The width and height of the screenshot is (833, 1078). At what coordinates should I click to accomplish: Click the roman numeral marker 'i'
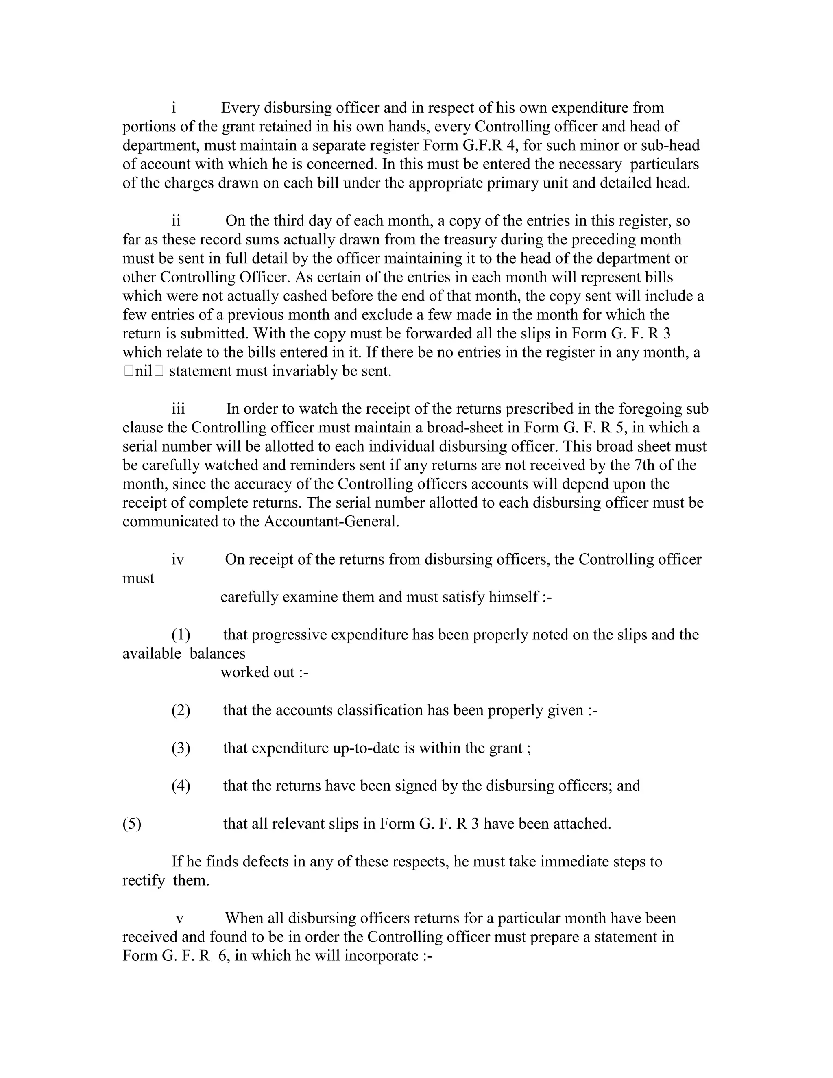click(x=174, y=108)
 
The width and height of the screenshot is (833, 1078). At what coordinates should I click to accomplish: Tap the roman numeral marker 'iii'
click(x=178, y=409)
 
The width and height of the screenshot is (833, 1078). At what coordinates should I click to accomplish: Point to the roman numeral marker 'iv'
click(x=178, y=560)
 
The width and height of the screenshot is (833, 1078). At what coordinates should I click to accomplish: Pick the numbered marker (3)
click(x=181, y=748)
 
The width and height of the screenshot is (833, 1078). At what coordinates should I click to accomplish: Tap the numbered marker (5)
click(x=132, y=824)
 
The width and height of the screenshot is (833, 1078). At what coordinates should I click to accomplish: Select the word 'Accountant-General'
click(x=330, y=522)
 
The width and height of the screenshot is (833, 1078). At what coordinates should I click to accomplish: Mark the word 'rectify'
click(x=143, y=881)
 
